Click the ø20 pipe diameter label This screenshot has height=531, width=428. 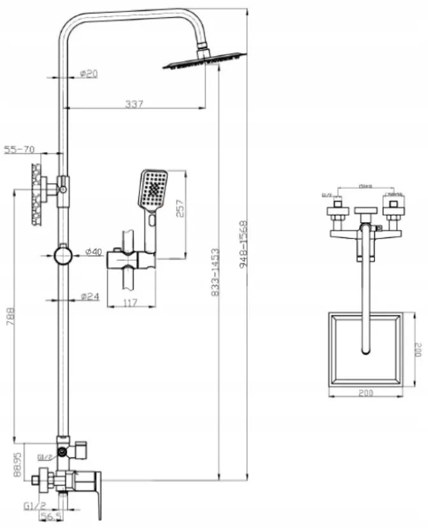(89, 74)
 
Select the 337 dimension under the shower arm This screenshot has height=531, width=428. (134, 104)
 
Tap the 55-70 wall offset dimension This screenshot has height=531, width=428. (19, 150)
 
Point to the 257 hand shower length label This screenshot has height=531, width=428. (180, 208)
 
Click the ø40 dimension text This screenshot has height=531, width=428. (93, 252)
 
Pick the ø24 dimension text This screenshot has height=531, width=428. (90, 296)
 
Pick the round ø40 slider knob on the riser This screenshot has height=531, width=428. (63, 256)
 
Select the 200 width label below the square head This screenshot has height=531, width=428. (364, 394)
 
